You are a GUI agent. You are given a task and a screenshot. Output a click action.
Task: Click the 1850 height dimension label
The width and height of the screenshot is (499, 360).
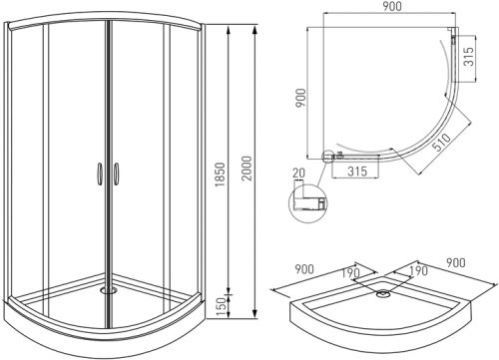coord(220,175)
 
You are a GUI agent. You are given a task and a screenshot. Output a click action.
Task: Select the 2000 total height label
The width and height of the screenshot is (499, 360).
coord(247,169)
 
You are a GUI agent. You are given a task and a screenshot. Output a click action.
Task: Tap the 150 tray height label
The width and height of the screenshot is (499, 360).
coord(220,307)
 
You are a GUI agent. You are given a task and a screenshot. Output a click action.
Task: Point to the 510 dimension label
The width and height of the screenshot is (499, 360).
coord(443,143)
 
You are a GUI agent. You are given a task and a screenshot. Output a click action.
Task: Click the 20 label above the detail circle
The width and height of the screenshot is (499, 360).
coord(298,173)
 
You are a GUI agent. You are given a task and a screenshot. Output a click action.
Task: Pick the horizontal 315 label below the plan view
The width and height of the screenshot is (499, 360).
coord(357,172)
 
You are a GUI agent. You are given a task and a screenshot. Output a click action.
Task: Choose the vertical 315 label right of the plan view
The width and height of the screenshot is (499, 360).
coord(468,56)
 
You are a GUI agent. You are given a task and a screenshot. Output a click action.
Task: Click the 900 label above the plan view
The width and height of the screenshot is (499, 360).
coord(392,6)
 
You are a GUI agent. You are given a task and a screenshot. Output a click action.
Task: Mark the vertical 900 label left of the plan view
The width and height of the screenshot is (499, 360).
coord(300,98)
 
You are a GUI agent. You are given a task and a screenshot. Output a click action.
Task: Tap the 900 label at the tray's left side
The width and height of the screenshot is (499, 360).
coord(304,269)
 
